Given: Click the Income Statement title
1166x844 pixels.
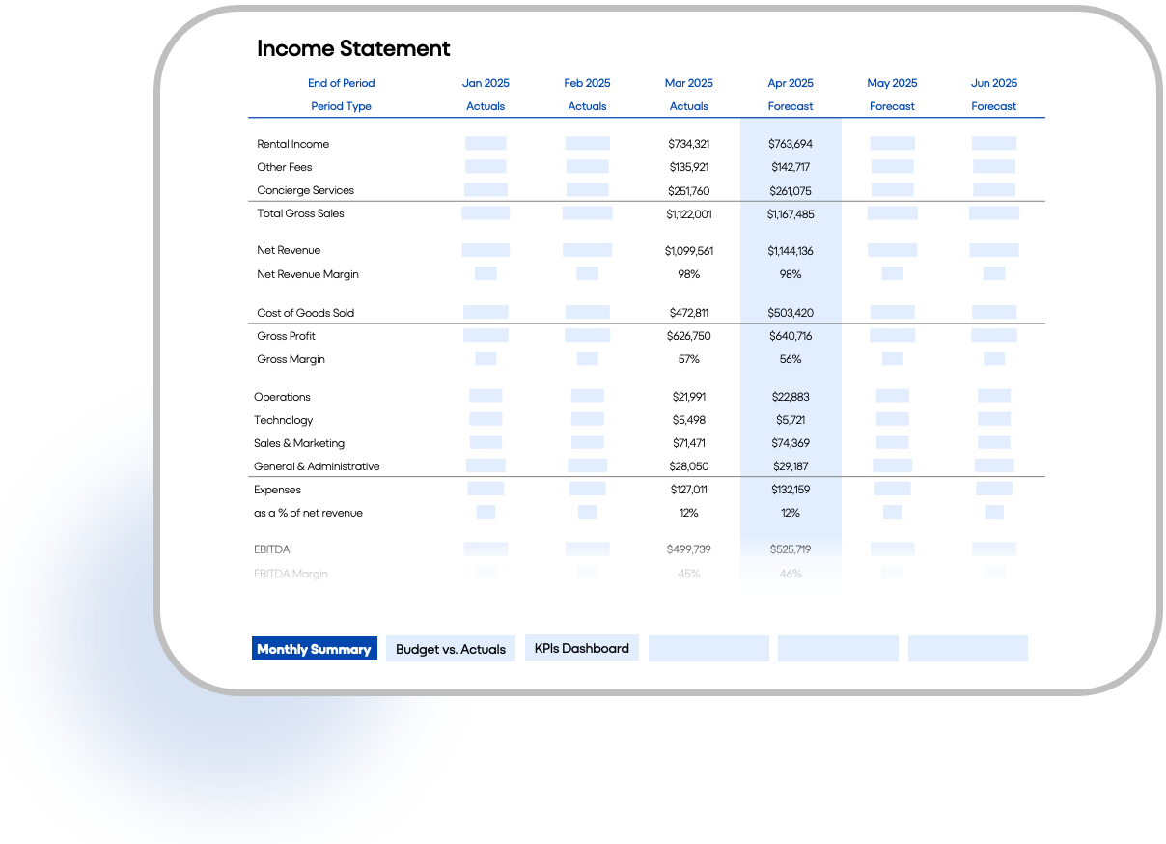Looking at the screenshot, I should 353,48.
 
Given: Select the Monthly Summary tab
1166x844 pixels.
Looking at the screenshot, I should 314,649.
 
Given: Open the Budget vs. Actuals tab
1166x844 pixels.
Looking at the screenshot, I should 451,649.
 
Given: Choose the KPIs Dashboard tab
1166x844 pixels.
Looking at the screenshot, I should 581,648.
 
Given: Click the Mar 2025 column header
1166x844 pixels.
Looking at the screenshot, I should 688,83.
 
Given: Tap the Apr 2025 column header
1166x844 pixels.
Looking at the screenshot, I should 791,83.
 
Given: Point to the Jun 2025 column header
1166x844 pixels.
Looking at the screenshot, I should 994,83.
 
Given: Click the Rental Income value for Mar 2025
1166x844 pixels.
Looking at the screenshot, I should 688,144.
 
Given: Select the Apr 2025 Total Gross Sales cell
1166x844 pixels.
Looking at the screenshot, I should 791,214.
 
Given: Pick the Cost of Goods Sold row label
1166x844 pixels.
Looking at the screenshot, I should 305,313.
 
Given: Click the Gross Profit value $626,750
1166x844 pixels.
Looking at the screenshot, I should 688,336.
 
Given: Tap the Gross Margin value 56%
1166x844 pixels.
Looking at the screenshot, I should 791,359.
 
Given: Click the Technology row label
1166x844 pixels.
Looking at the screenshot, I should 284,420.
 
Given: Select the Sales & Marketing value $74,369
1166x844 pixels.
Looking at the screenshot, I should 791,443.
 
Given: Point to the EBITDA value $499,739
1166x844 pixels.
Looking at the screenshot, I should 688,549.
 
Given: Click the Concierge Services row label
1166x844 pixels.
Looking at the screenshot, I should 305,190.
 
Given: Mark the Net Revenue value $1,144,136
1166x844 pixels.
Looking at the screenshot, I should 791,251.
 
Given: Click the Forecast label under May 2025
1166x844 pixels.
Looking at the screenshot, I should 892,106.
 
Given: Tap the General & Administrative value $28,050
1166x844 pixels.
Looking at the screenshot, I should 688,466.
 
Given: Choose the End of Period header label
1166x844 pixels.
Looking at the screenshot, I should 341,83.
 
